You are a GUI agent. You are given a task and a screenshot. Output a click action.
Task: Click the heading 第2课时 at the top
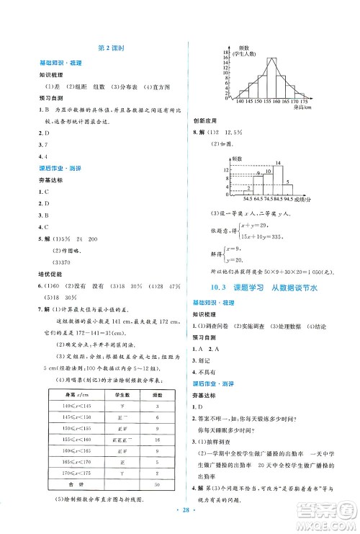(x=112, y=47)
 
